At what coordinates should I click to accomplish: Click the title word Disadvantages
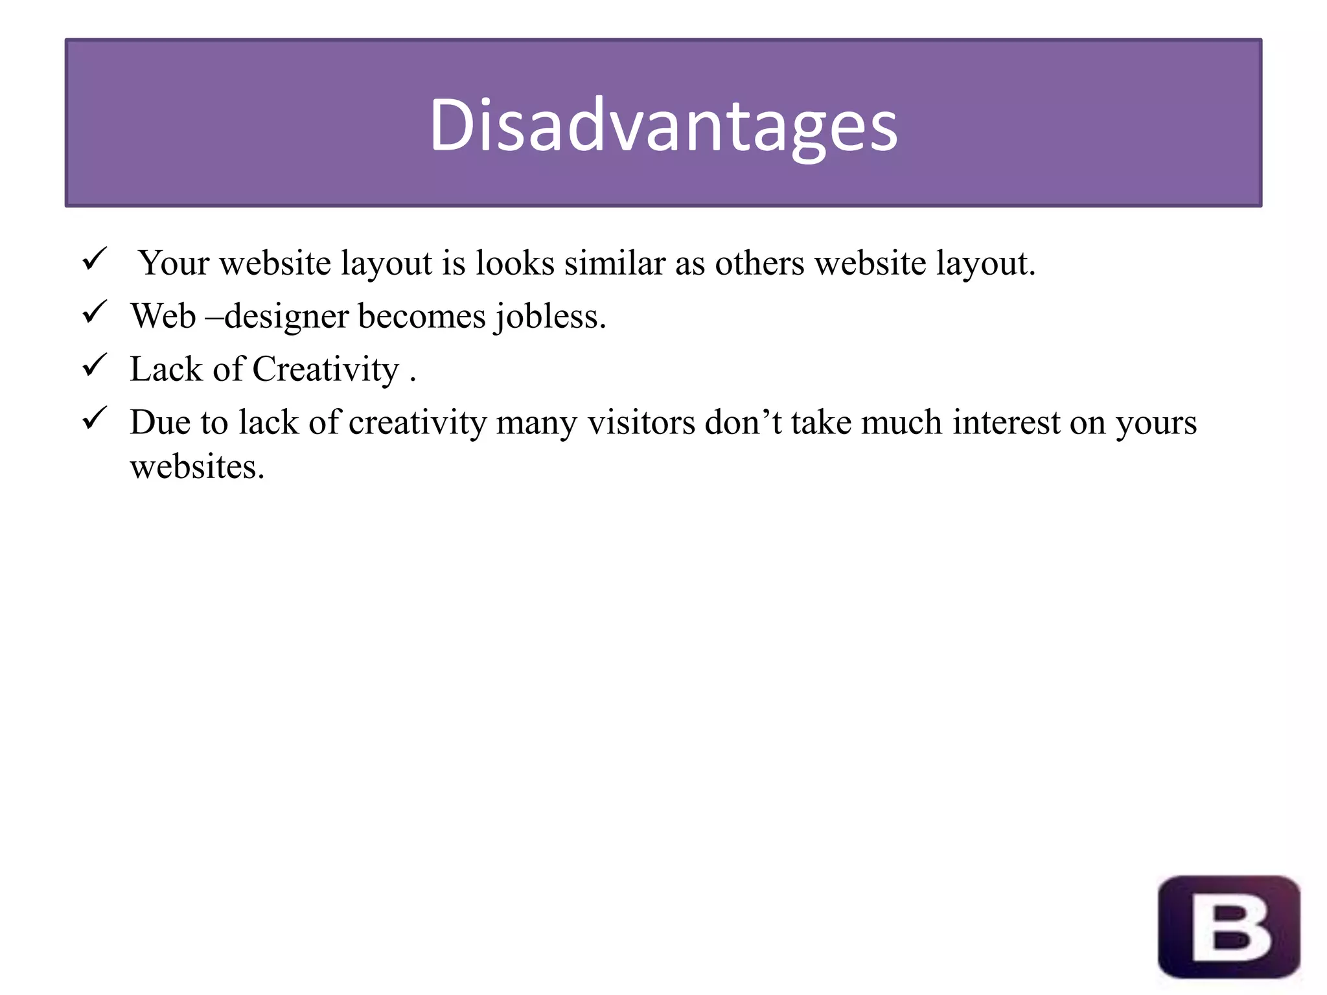663,125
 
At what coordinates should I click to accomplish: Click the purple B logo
1229,927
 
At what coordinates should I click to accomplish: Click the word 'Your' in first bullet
174,263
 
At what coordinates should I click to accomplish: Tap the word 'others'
759,263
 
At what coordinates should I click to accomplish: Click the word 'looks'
515,263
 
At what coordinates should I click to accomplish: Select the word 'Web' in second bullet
163,316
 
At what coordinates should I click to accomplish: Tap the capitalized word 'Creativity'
325,369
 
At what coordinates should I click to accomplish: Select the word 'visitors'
641,422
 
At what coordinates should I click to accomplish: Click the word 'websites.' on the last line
197,466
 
